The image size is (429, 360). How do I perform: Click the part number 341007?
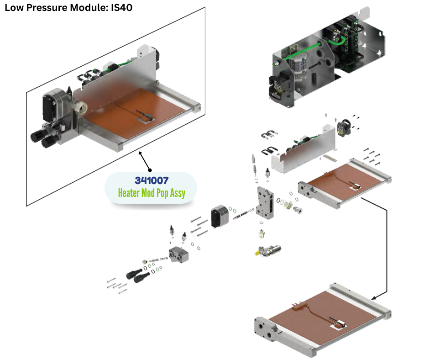coord(152,181)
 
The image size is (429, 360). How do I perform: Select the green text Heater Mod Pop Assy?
coord(152,193)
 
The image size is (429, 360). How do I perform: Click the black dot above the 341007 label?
coord(149,169)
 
